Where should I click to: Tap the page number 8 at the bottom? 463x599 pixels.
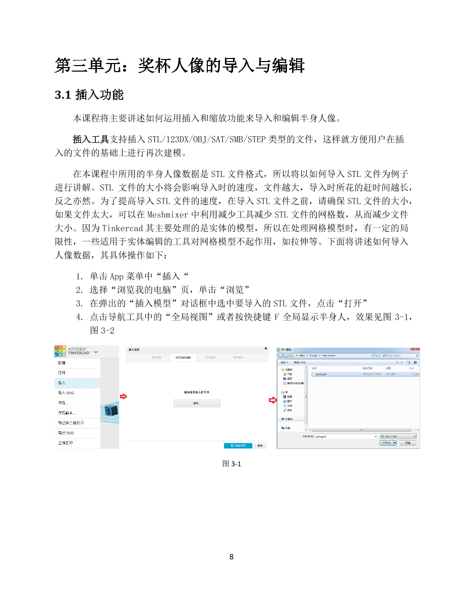pyautogui.click(x=231, y=557)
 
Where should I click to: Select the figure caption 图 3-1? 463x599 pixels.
pyautogui.click(x=231, y=464)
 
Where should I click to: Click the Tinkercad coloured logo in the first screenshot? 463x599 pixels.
pyautogui.click(x=60, y=351)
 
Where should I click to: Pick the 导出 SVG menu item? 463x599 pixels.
pyautogui.click(x=66, y=433)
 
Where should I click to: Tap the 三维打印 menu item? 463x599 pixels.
pyautogui.click(x=65, y=443)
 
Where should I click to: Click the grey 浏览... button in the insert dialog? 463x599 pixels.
pyautogui.click(x=197, y=403)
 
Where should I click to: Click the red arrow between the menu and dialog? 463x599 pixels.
pyautogui.click(x=123, y=397)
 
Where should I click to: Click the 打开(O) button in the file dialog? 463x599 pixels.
pyautogui.click(x=387, y=443)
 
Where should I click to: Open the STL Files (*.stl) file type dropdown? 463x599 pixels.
pyautogui.click(x=398, y=436)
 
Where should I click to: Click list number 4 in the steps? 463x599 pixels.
pyautogui.click(x=79, y=317)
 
